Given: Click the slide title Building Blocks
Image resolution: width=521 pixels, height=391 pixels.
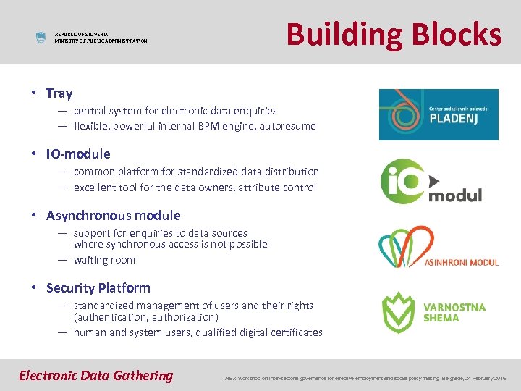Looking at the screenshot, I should coord(394,34).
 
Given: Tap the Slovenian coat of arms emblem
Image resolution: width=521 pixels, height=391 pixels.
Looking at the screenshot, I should coord(41,37).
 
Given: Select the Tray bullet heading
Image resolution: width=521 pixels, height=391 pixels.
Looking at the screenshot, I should coord(59,93).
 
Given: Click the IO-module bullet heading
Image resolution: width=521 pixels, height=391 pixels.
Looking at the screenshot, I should coord(78,154).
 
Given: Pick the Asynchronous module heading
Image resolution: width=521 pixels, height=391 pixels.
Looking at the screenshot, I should coord(113,216).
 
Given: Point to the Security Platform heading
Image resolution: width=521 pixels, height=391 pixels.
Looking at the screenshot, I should coord(98,288).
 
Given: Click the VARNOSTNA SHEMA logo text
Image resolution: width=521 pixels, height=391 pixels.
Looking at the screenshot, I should coord(454,312).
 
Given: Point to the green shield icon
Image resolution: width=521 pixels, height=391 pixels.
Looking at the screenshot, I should coord(397,312).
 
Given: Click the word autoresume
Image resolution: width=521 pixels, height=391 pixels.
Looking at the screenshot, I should coord(289,126).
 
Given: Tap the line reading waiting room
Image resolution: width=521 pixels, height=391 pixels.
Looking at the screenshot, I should coord(104,260).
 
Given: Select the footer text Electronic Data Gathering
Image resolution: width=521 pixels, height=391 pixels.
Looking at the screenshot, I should coord(96,375).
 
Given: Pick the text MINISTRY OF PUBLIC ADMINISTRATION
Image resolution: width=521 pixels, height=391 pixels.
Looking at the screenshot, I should coord(101,41).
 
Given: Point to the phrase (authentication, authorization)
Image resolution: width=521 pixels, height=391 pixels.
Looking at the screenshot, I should coord(145,317).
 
